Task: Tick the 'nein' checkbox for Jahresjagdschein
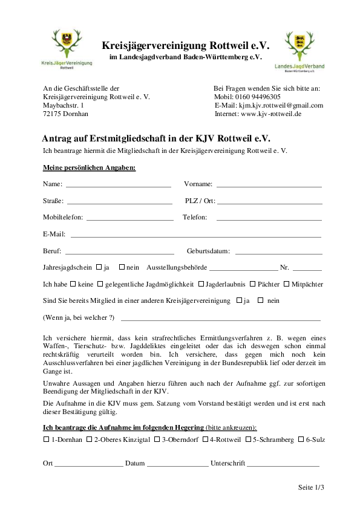point(122,267)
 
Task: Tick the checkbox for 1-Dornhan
point(47,439)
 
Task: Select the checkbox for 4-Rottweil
point(205,439)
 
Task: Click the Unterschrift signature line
point(283,465)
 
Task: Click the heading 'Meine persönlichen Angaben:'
point(89,167)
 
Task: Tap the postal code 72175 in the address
point(53,114)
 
